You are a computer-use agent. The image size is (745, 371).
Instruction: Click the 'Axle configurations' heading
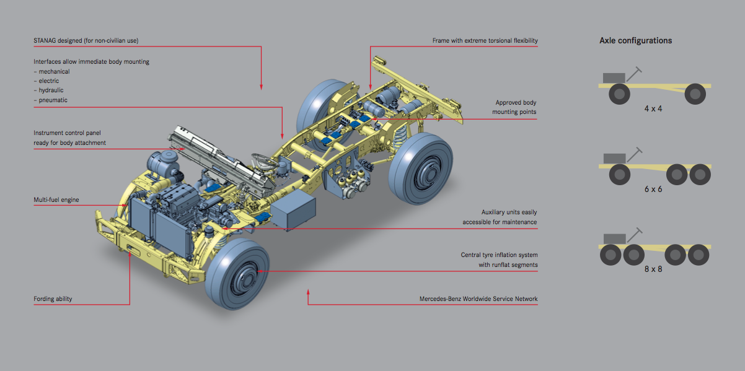tap(635, 40)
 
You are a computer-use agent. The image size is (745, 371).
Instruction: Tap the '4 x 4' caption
tap(653, 108)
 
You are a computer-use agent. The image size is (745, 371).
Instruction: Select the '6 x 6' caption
tap(653, 189)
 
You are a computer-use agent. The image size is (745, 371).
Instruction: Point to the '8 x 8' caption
tap(653, 269)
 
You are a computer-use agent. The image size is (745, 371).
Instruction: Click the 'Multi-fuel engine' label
tap(56, 200)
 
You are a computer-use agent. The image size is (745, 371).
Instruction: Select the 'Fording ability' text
tap(53, 299)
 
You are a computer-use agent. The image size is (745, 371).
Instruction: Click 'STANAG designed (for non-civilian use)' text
tap(86, 41)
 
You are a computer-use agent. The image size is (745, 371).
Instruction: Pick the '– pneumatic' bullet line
tap(50, 100)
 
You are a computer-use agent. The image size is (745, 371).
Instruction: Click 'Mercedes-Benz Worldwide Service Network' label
tap(478, 299)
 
